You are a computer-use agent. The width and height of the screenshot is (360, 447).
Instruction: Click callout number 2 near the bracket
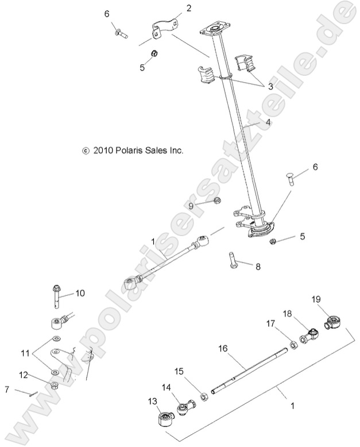[172, 7]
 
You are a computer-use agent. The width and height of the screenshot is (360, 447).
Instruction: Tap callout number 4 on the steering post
[268, 122]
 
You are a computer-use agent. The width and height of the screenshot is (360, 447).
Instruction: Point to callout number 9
[192, 206]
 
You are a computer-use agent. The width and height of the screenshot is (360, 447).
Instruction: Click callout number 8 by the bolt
[258, 267]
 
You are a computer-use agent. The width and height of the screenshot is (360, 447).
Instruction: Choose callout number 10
[80, 293]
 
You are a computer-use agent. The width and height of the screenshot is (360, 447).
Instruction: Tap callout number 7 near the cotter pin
[6, 390]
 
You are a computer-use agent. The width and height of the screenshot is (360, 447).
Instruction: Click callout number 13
[152, 400]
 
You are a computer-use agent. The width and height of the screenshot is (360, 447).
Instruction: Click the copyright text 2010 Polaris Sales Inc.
[133, 151]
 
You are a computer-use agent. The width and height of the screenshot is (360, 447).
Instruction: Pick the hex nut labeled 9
[218, 201]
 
